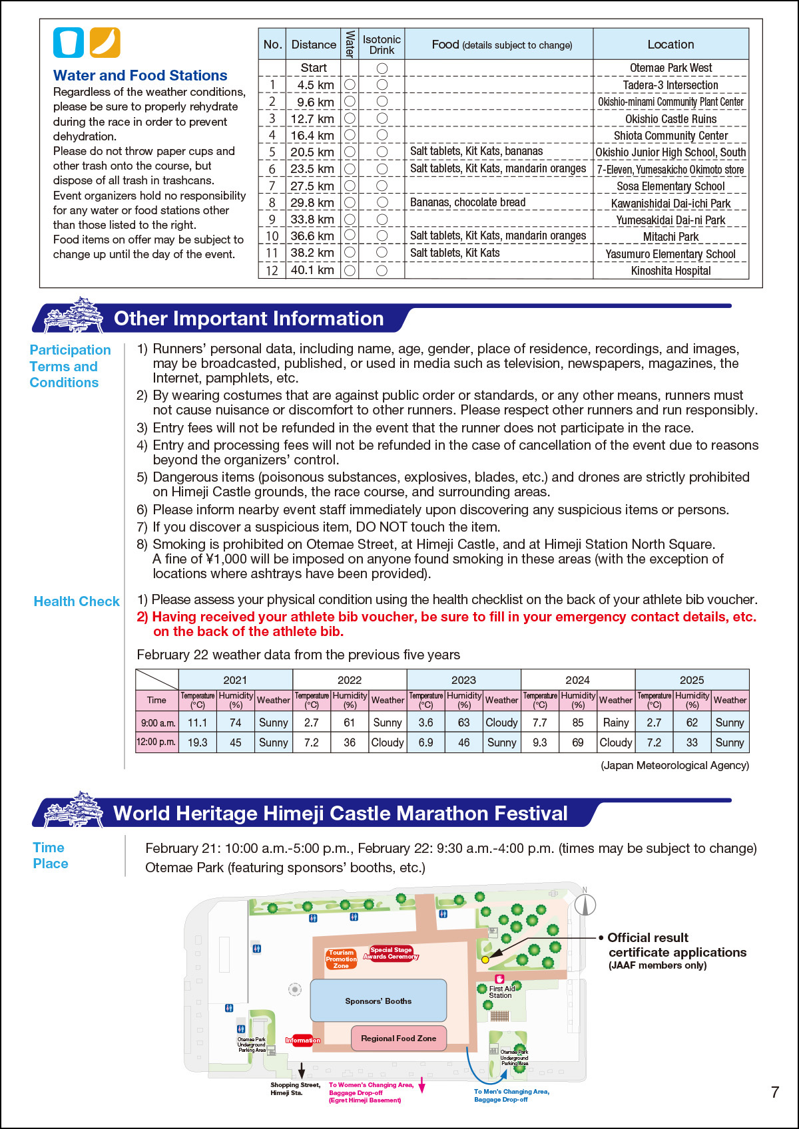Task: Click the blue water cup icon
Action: (x=69, y=43)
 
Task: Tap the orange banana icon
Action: (x=105, y=43)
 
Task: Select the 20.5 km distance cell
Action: (x=313, y=152)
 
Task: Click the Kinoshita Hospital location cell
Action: (x=670, y=271)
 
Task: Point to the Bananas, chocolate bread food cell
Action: (x=467, y=202)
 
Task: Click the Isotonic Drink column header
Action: (x=382, y=45)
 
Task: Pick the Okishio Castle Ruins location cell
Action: (x=670, y=119)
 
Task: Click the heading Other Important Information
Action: (x=248, y=319)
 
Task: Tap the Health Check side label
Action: (x=77, y=601)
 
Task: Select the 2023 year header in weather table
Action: (x=463, y=680)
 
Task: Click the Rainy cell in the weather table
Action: (x=615, y=723)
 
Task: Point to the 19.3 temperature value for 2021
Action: (x=197, y=742)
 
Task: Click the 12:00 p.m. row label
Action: (x=156, y=742)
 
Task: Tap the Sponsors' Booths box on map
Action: (x=378, y=1001)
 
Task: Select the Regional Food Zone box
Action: (x=398, y=1038)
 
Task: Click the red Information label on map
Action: (x=303, y=1040)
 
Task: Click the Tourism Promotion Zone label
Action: (x=341, y=959)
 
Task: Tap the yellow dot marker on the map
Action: (x=485, y=959)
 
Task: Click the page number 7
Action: (x=774, y=1092)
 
